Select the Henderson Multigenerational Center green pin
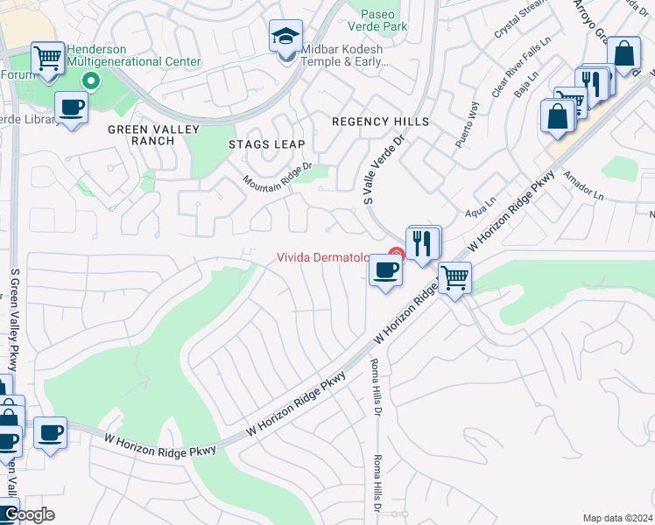point(89,82)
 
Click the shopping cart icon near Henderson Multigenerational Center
point(48,59)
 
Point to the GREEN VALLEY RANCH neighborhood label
point(153,135)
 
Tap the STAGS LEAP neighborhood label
point(266,144)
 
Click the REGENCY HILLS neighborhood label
point(379,122)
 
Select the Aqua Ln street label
point(482,211)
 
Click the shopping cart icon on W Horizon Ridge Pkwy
point(454,279)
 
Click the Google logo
point(28,514)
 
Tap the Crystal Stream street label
point(517,21)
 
